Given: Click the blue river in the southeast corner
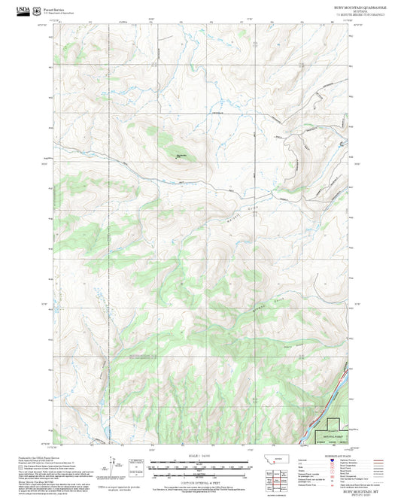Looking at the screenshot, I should [331, 410].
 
